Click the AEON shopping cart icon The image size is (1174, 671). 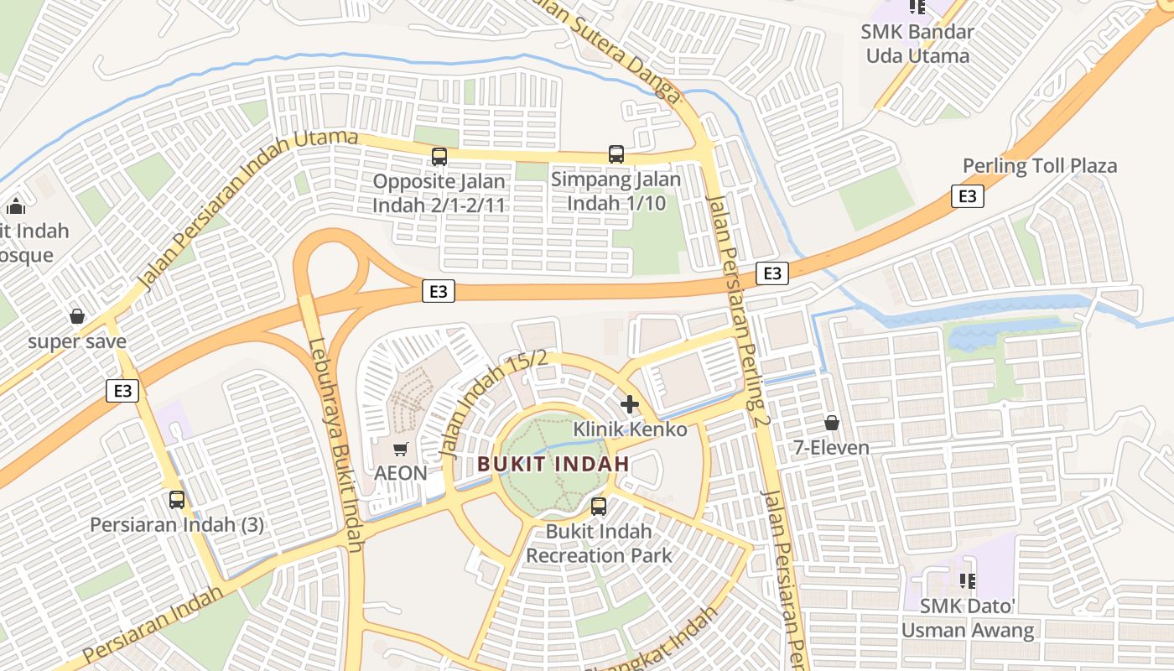click(400, 450)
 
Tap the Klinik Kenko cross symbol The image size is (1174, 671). click(629, 404)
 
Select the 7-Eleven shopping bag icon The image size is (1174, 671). click(831, 423)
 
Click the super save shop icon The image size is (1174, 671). click(77, 316)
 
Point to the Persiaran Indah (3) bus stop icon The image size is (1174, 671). click(177, 500)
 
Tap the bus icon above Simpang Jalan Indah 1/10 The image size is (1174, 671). click(616, 154)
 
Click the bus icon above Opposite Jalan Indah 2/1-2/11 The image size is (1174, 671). click(439, 156)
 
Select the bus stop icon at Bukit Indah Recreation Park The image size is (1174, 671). click(598, 507)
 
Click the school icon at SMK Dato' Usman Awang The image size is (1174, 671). click(967, 580)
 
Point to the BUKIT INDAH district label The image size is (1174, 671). click(553, 463)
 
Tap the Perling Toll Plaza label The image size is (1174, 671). click(1040, 165)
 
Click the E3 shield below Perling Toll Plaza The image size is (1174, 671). click(968, 196)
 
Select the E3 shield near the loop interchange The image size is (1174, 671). click(439, 291)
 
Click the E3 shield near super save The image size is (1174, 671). click(122, 391)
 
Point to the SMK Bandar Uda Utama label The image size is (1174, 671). click(917, 44)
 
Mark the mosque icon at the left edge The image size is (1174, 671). click(15, 206)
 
